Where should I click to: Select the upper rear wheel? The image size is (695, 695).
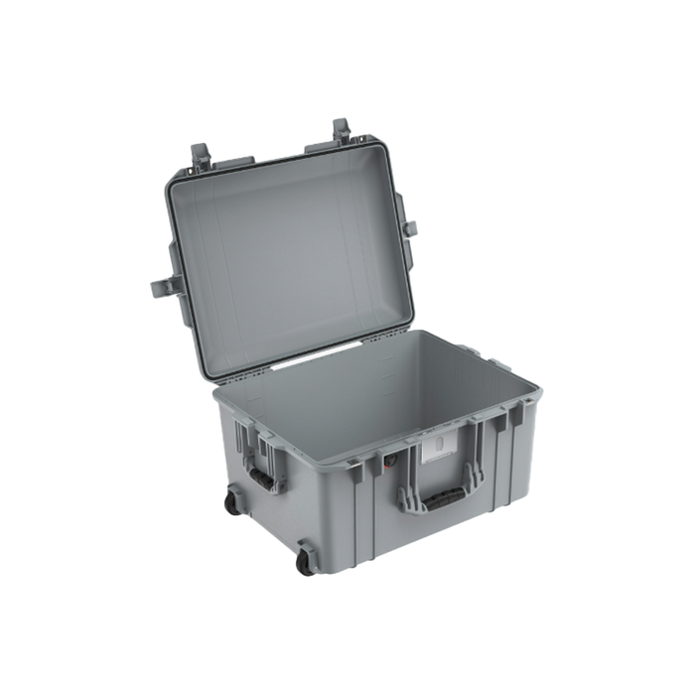[231, 502]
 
